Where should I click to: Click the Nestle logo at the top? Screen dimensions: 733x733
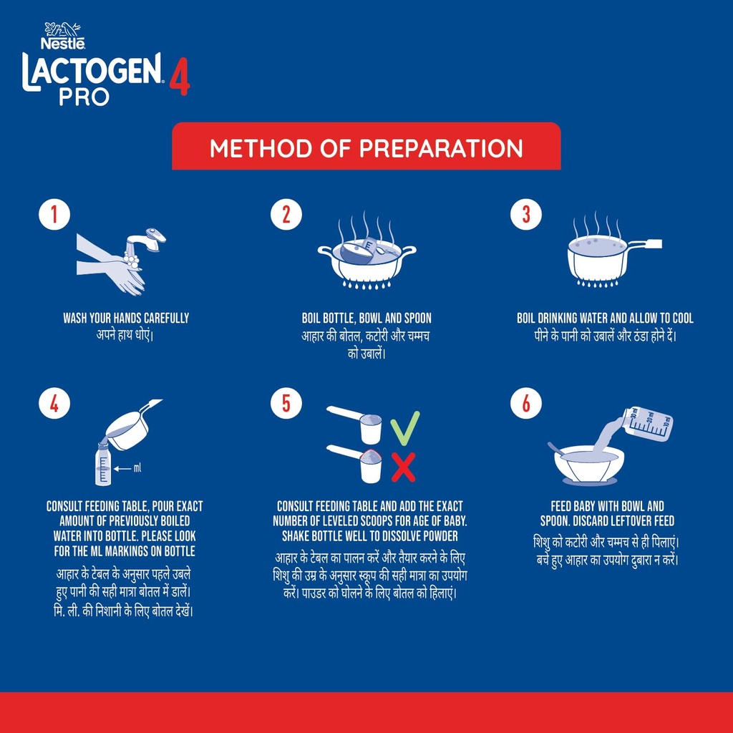(63, 36)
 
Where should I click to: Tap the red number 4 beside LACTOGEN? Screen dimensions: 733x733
(179, 77)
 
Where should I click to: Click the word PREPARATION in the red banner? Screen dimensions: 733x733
(441, 148)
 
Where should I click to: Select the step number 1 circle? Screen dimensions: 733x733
(54, 215)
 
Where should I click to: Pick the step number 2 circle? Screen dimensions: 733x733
(286, 215)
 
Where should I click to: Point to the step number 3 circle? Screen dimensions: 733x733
(526, 215)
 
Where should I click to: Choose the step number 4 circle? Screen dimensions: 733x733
(54, 404)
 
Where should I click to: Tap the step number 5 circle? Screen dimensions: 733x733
(286, 404)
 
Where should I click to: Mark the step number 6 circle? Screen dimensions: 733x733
(526, 404)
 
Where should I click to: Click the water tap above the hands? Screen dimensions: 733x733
(146, 241)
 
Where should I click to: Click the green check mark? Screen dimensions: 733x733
(404, 428)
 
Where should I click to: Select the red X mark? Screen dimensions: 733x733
(404, 467)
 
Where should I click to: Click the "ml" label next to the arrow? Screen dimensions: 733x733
(137, 468)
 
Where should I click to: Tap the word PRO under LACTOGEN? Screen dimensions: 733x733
(84, 97)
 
